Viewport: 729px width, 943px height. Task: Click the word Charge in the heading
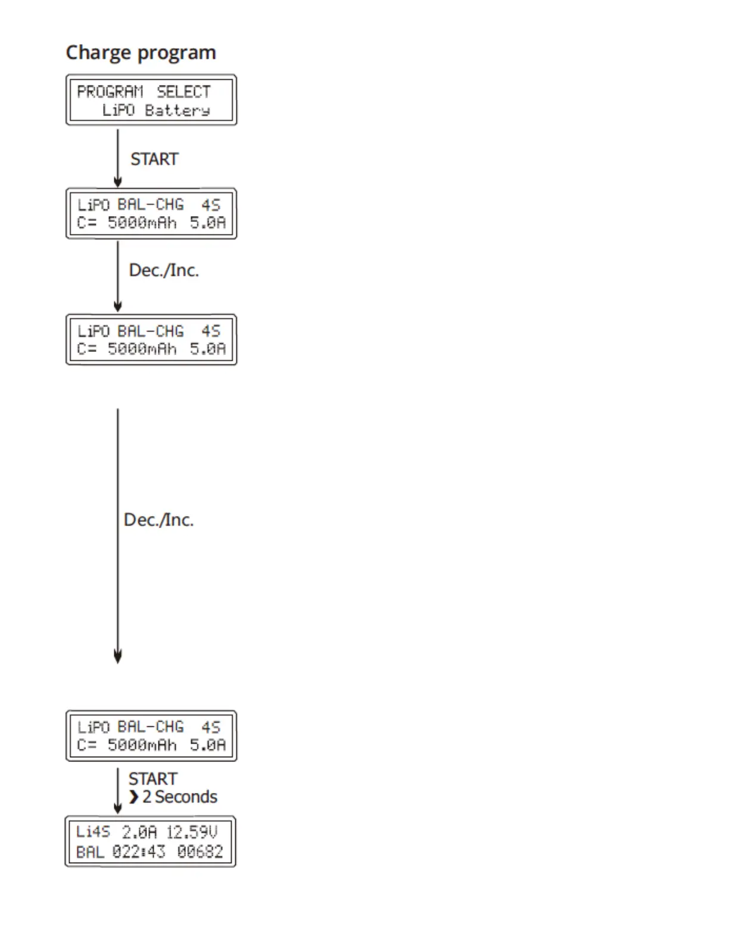(x=99, y=52)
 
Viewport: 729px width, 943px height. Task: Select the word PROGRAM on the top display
(x=110, y=92)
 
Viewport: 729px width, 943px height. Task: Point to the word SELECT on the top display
(x=183, y=92)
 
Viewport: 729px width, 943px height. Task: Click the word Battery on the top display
(x=177, y=111)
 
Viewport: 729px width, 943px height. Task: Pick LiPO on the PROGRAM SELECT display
(x=119, y=110)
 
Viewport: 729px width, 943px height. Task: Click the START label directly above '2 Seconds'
(x=153, y=779)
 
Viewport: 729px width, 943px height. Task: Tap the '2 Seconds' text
(x=179, y=797)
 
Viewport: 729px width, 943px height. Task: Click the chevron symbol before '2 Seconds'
(x=133, y=797)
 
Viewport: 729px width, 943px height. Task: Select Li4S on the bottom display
(x=93, y=832)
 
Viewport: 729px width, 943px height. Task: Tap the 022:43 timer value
(x=139, y=851)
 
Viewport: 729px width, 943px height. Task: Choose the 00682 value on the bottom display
(x=200, y=851)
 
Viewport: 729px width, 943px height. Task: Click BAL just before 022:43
(x=90, y=851)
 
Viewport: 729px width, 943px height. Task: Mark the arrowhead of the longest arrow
(x=118, y=656)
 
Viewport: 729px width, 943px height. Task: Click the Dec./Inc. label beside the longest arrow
(x=158, y=520)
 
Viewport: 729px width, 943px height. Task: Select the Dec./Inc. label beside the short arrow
(x=164, y=270)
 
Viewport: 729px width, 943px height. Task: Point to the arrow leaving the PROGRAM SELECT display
(x=118, y=158)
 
